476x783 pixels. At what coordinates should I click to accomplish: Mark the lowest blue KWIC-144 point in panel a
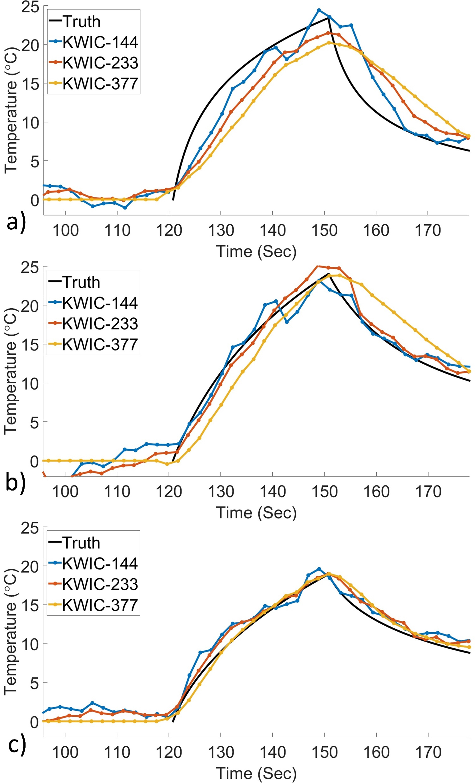(x=125, y=208)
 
